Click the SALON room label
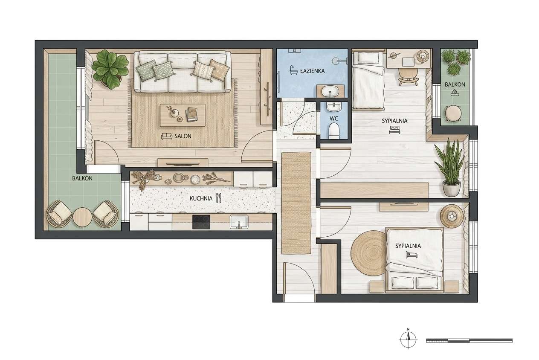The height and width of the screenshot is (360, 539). click(x=183, y=136)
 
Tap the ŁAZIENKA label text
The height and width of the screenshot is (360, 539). click(x=312, y=71)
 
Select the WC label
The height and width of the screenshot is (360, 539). click(x=334, y=119)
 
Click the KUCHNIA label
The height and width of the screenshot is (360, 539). click(x=201, y=198)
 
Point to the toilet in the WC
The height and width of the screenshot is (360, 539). click(x=334, y=131)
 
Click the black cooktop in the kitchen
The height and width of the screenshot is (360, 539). click(x=201, y=222)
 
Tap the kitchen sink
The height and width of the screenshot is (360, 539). click(x=239, y=222)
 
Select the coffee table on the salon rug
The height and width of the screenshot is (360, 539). click(x=183, y=115)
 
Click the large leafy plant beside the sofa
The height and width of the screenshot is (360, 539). click(x=110, y=69)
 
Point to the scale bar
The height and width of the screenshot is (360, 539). click(x=469, y=340)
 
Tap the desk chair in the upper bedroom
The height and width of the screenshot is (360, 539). click(x=408, y=77)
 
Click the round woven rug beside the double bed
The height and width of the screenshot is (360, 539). click(x=368, y=253)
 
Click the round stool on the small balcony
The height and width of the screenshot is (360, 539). click(x=453, y=113)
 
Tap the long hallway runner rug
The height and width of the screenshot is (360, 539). click(x=296, y=203)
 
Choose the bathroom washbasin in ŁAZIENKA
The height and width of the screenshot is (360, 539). click(x=330, y=91)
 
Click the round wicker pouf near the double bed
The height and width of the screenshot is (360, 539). click(x=452, y=216)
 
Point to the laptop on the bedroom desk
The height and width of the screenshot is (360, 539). click(x=408, y=61)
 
